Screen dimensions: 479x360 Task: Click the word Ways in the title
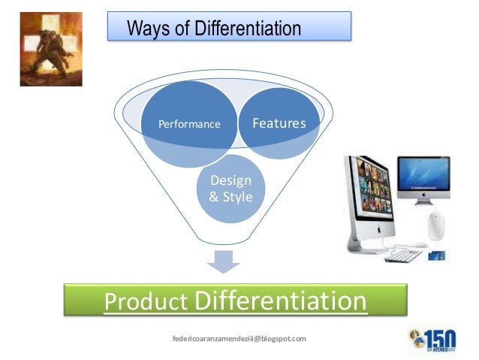coord(145,29)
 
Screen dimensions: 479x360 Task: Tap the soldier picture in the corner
coord(51,49)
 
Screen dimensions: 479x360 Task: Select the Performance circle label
coord(189,124)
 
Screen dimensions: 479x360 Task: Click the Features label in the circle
coord(279,123)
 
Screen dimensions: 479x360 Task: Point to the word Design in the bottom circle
coord(231,180)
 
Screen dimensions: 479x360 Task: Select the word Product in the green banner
coord(146,302)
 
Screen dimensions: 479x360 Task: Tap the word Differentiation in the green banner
coord(280,301)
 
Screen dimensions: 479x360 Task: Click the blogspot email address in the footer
coord(239,339)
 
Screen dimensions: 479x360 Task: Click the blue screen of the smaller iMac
coord(423,174)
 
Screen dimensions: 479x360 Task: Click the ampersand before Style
coord(215,197)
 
